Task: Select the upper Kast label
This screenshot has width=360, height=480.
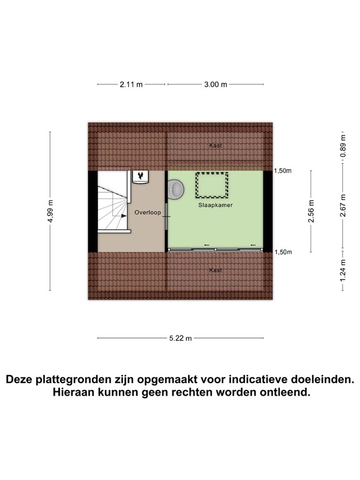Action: pyautogui.click(x=216, y=146)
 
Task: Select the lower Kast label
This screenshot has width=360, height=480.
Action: pyautogui.click(x=216, y=270)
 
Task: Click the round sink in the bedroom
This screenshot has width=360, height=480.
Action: pyautogui.click(x=176, y=187)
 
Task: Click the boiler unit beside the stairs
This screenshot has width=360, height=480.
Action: pyautogui.click(x=140, y=177)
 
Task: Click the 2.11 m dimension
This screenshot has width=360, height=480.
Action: pyautogui.click(x=131, y=84)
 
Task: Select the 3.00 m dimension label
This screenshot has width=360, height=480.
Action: pyautogui.click(x=215, y=84)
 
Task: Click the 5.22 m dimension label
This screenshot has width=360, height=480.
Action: pyautogui.click(x=180, y=338)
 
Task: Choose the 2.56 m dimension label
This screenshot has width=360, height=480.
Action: pyautogui.click(x=312, y=211)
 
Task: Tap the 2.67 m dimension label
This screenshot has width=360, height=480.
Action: pyautogui.click(x=342, y=211)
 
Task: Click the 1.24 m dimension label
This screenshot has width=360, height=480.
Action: pyautogui.click(x=342, y=275)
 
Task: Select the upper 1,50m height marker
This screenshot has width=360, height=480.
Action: pyautogui.click(x=283, y=171)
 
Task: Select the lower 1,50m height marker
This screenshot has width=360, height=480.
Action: pyautogui.click(x=283, y=251)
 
